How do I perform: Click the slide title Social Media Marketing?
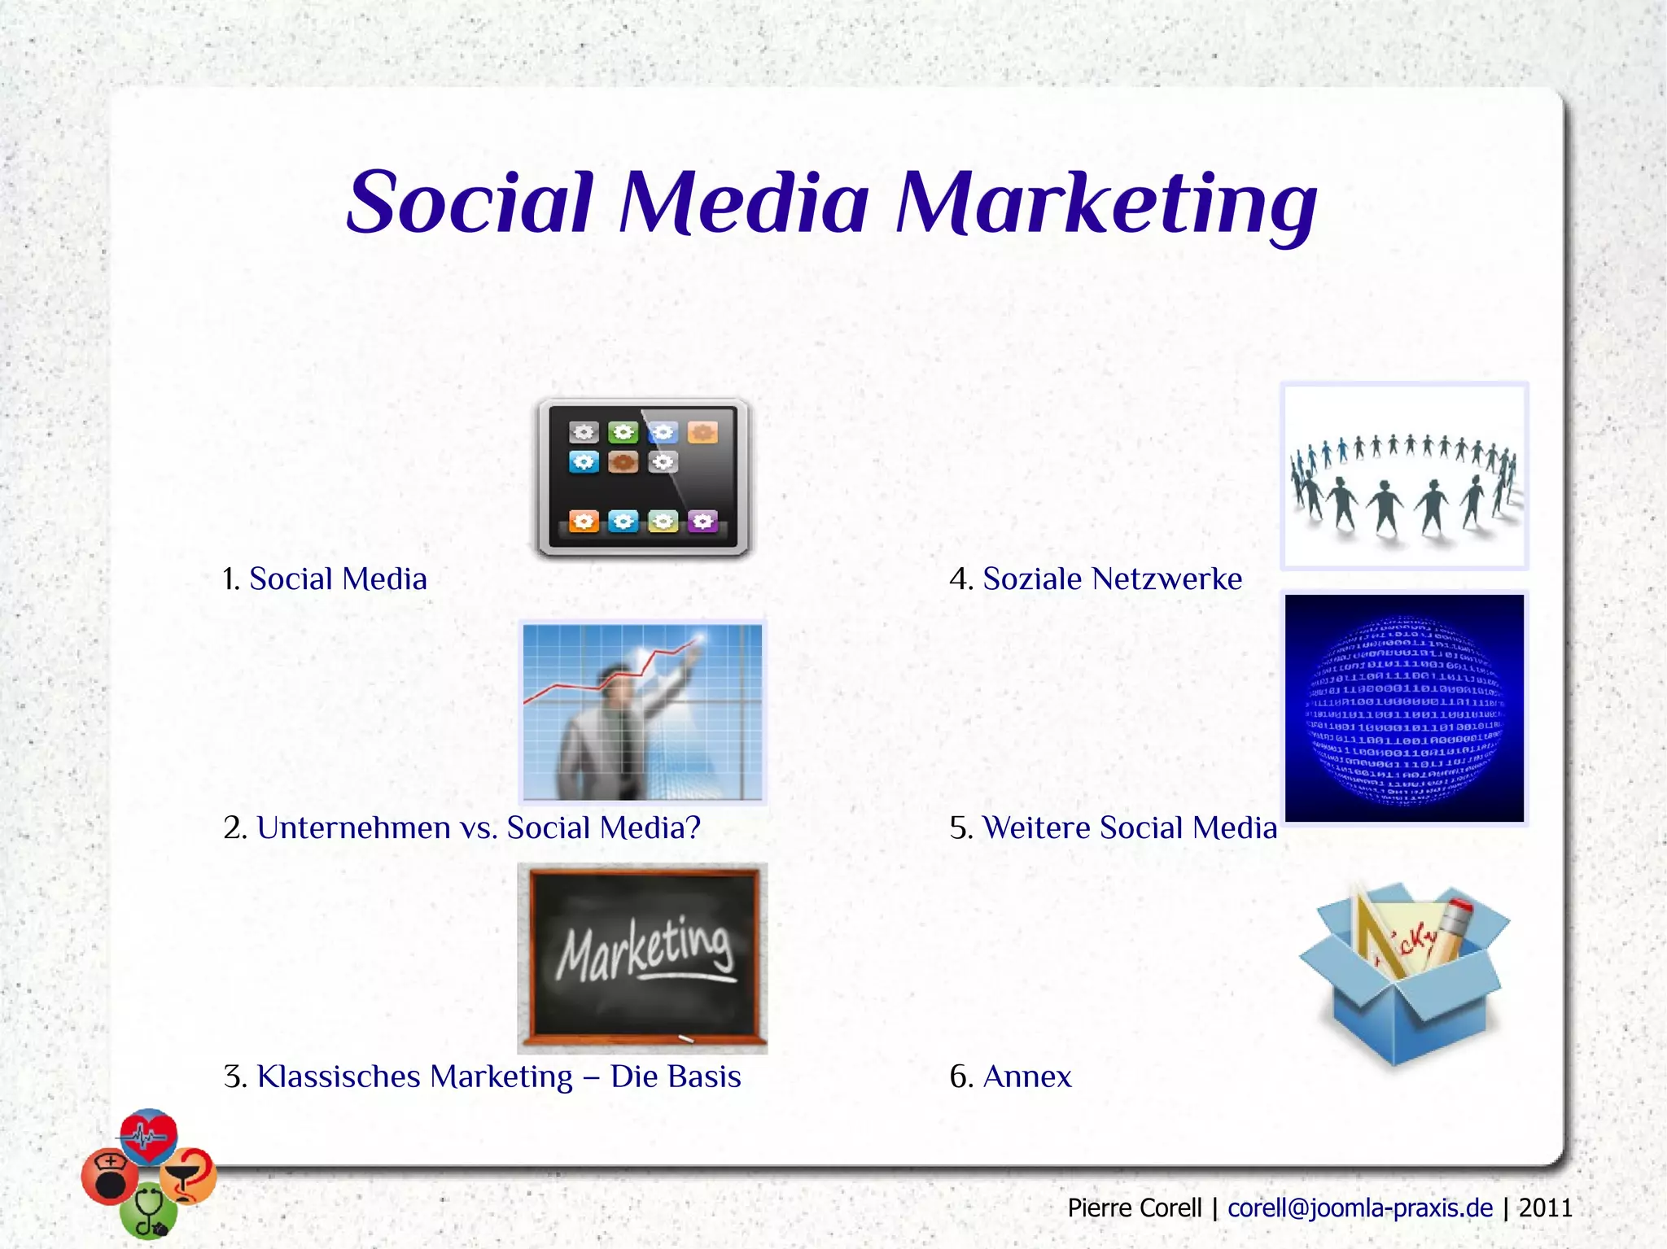click(x=831, y=202)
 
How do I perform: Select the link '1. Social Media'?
click(x=337, y=579)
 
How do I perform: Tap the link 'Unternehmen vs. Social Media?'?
click(x=479, y=828)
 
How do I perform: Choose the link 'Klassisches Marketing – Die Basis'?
click(x=499, y=1076)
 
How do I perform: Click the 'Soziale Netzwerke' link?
click(x=1112, y=579)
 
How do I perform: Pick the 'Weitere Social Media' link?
click(x=1129, y=828)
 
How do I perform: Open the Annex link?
click(x=1027, y=1076)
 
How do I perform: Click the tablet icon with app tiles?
click(x=642, y=477)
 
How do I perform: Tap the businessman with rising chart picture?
click(x=642, y=712)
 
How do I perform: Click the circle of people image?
click(x=1404, y=477)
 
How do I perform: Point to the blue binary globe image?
click(x=1404, y=708)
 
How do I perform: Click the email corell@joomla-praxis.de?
click(x=1360, y=1208)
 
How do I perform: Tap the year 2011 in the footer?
click(x=1545, y=1208)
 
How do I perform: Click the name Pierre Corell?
click(x=1134, y=1208)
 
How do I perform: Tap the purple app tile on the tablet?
click(x=702, y=521)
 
